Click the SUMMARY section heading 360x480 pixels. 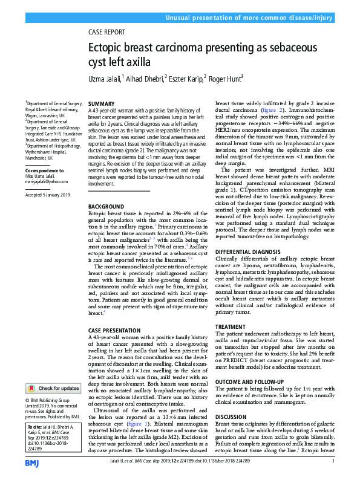coord(102,105)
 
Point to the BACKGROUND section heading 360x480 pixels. coord(106,207)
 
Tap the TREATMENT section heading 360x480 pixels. coord(231,326)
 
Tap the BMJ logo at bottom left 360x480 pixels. coord(33,462)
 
